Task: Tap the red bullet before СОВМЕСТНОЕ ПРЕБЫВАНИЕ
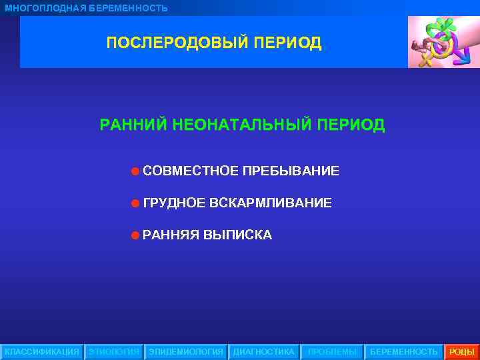135,172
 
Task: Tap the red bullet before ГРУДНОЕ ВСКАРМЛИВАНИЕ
135,203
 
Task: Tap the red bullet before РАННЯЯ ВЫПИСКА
135,235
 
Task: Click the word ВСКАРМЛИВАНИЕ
270,203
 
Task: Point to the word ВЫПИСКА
237,235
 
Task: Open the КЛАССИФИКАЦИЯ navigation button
42,351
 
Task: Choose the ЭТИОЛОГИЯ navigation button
114,351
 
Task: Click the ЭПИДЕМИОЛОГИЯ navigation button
186,351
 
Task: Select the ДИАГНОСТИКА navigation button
263,351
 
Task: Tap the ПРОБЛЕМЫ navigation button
332,351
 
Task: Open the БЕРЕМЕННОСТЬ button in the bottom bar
404,351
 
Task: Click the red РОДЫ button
462,351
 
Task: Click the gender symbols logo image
443,42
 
